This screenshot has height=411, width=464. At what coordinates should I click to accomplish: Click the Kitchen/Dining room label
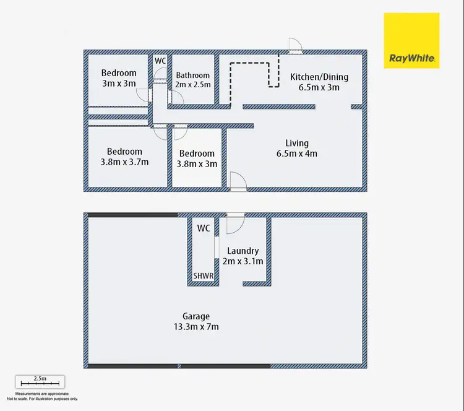(x=319, y=77)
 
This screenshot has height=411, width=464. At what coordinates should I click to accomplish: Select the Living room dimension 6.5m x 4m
(x=297, y=154)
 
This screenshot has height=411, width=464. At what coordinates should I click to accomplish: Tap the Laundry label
(x=243, y=251)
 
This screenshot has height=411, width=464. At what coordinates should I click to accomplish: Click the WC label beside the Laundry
(x=204, y=228)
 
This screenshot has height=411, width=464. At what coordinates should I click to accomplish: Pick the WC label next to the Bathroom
(x=160, y=61)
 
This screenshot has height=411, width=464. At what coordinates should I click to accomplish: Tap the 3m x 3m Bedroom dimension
(x=118, y=83)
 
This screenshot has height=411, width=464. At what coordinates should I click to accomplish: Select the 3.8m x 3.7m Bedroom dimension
(x=124, y=162)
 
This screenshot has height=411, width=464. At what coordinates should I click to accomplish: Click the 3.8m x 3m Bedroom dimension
(x=197, y=164)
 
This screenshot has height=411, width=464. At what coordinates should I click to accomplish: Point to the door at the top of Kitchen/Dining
(x=294, y=45)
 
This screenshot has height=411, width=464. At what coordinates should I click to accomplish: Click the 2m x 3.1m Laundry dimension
(x=244, y=261)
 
